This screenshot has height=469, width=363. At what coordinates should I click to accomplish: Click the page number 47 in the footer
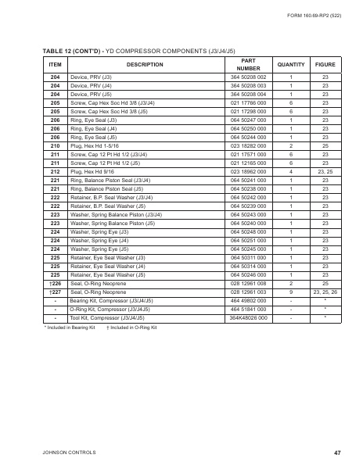coord(336,453)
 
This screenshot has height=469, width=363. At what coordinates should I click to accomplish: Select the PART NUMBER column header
coord(248,64)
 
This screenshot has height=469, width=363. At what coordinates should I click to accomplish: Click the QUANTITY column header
coord(290,64)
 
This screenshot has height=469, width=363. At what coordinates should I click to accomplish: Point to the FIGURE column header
coord(325,64)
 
